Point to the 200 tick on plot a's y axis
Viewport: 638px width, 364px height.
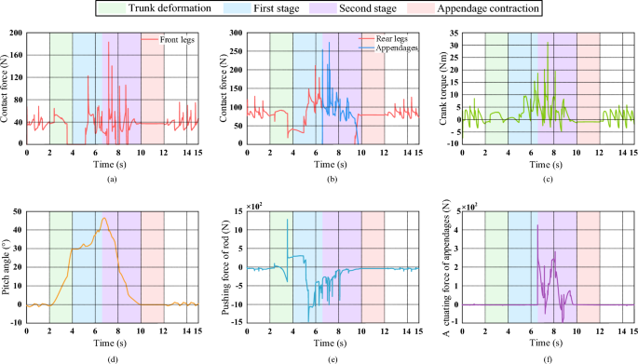(17, 33)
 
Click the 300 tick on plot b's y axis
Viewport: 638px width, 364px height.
(237, 33)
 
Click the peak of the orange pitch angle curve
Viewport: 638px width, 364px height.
(104, 219)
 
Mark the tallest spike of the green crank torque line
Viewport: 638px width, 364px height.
(548, 44)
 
